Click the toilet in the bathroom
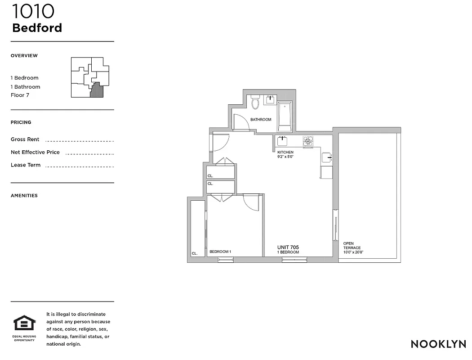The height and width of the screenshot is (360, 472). point(255,103)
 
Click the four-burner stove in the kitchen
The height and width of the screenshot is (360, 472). point(308,141)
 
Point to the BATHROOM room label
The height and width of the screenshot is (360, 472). point(261,120)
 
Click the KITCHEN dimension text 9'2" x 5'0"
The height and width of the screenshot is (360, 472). point(285,157)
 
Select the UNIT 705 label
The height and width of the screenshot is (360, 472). point(288,247)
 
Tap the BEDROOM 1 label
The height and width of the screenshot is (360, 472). point(220,252)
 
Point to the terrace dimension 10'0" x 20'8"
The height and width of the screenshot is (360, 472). point(353,252)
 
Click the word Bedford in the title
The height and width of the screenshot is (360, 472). point(37,28)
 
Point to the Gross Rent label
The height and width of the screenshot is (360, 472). point(25,139)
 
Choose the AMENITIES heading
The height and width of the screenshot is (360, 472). point(24,196)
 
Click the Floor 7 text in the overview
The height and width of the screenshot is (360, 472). point(20,95)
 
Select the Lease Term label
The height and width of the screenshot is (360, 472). point(26,165)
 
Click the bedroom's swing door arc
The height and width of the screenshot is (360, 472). point(252,203)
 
